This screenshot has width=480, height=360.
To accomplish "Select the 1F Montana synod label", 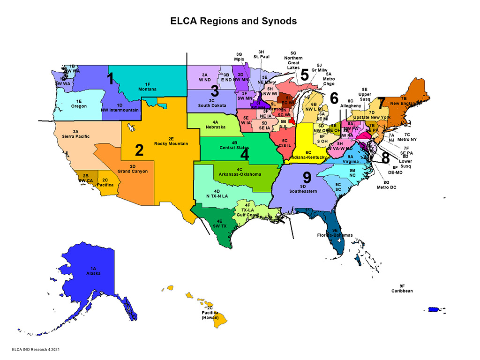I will [147, 86].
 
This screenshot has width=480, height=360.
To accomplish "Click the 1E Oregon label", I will [79, 104].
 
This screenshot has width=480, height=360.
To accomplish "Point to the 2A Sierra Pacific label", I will [75, 134].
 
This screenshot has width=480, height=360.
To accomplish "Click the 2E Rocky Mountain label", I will [171, 141].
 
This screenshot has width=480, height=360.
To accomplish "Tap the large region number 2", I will [139, 150].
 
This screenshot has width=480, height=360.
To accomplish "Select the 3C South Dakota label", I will [211, 103].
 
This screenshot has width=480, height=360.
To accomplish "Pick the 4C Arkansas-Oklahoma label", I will [240, 172].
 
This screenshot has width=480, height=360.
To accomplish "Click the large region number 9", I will [307, 177].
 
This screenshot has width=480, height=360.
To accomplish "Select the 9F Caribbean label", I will [402, 289].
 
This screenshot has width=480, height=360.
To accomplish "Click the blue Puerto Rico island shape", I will [433, 310].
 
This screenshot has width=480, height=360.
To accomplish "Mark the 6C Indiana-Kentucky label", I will [308, 155].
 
